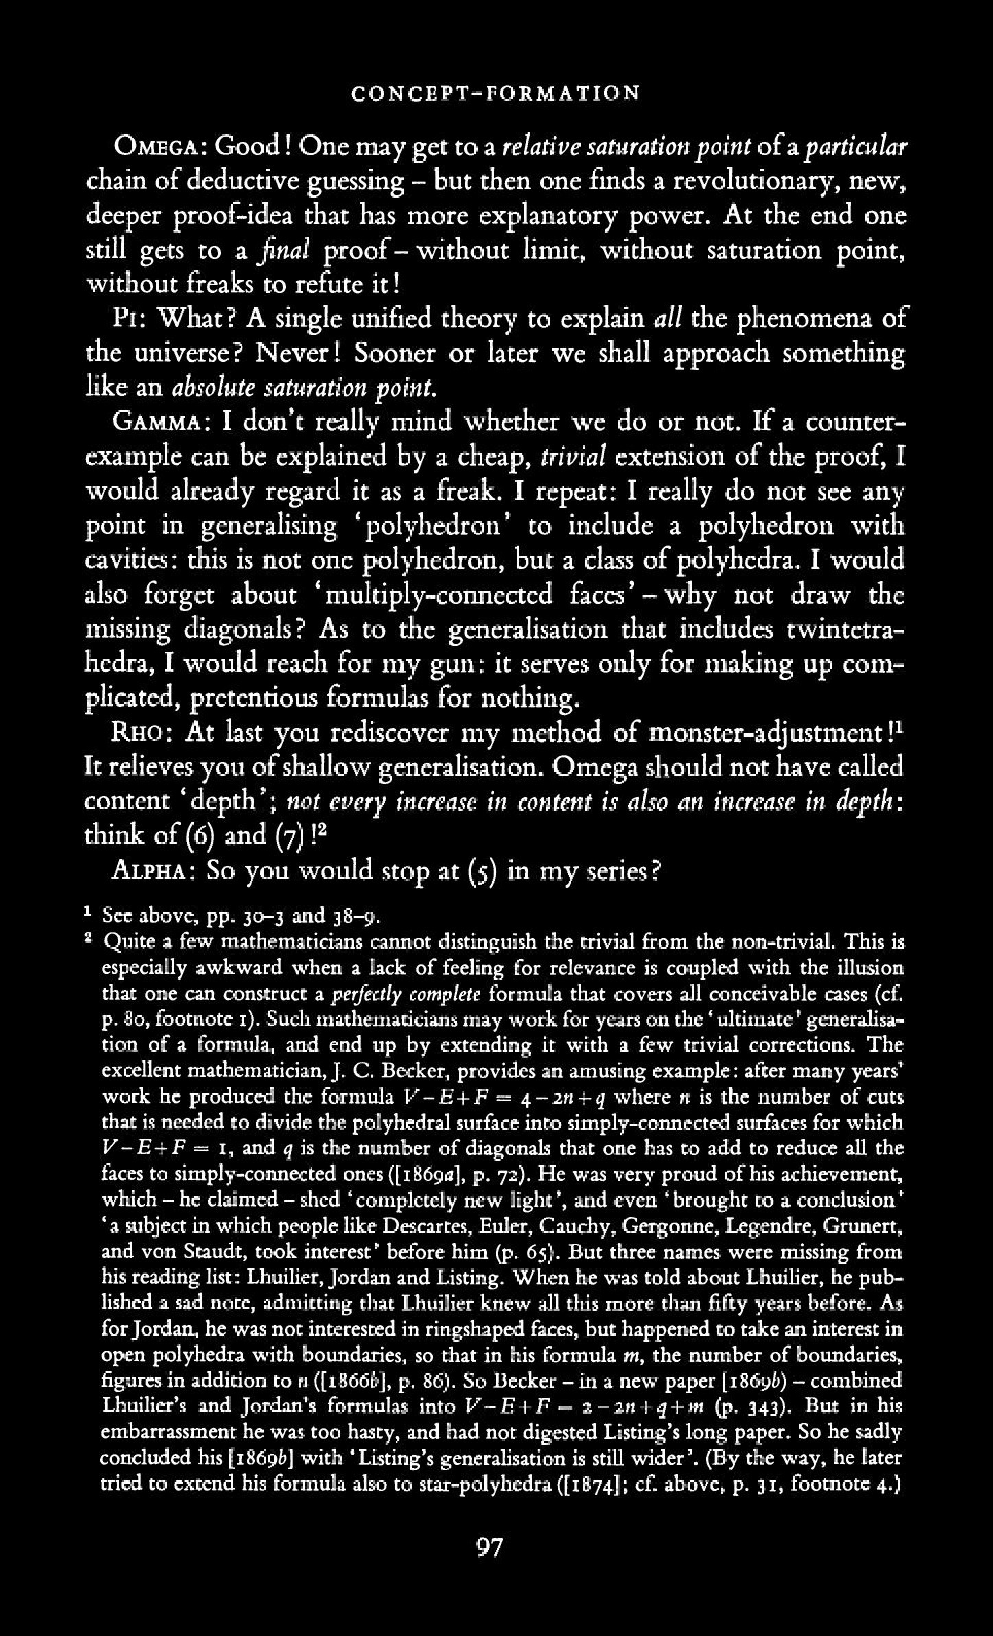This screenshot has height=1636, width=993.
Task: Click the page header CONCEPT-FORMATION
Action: (x=495, y=93)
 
